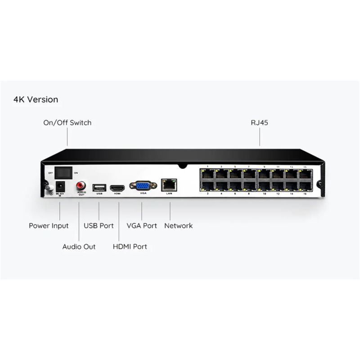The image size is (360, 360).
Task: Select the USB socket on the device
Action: [99, 187]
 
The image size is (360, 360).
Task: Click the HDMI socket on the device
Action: [117, 187]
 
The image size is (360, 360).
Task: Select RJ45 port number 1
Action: [207, 174]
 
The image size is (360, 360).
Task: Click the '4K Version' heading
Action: [36, 99]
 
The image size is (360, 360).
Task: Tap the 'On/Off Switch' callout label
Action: [67, 122]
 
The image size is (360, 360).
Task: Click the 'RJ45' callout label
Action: [260, 122]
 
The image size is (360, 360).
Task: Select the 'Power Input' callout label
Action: [49, 225]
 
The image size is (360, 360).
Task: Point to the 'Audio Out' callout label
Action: [79, 247]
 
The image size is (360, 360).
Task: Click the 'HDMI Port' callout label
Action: [130, 247]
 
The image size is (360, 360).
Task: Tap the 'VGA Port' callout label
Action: [142, 225]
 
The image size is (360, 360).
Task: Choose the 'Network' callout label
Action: [178, 225]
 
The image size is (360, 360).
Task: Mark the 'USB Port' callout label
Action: [99, 225]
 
